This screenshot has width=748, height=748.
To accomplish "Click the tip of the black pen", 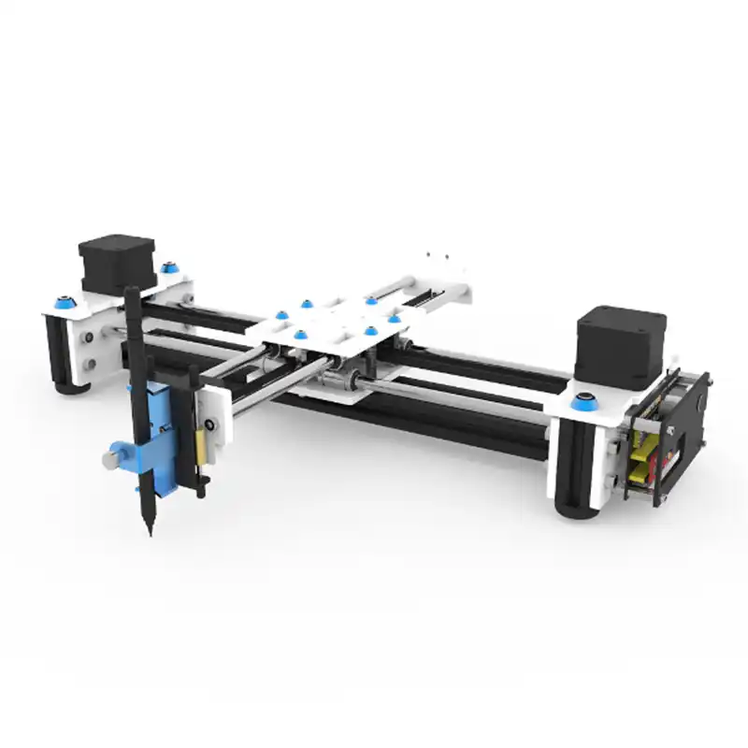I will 149,533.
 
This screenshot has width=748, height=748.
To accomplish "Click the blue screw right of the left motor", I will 169,268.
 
